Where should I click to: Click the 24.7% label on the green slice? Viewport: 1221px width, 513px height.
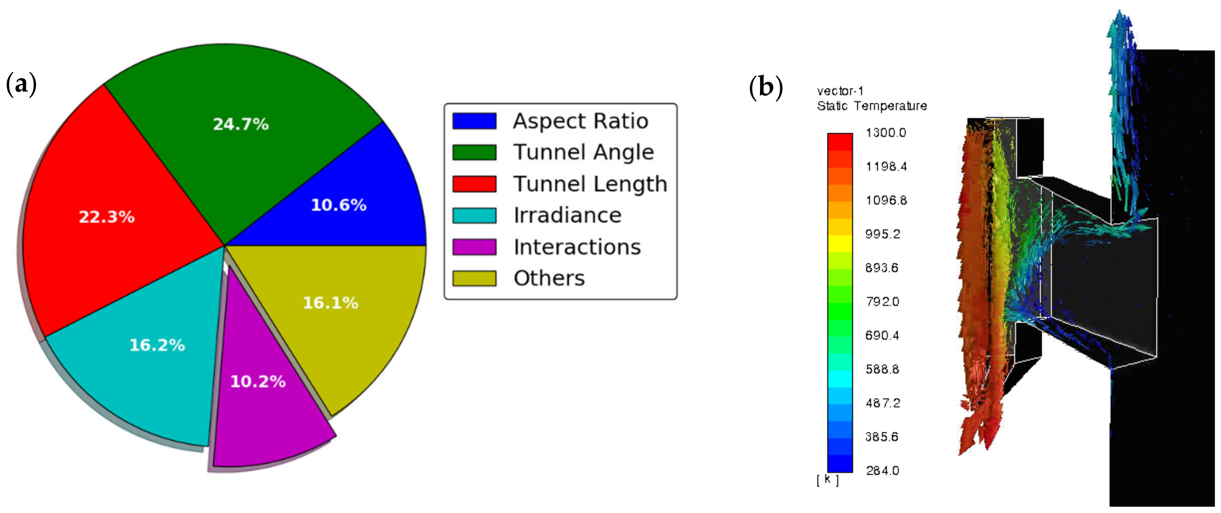[x=241, y=124]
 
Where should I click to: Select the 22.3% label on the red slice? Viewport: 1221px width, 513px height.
[x=107, y=217]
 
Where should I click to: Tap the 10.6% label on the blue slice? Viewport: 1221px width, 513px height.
[x=339, y=205]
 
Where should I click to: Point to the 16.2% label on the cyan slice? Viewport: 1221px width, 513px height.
[x=157, y=345]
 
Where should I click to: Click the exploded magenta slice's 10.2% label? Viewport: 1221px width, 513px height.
[x=258, y=382]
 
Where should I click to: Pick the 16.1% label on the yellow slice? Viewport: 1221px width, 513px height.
[x=330, y=303]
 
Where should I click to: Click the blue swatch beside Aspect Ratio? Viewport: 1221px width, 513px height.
[x=474, y=121]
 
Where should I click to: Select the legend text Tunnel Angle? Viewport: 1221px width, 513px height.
[x=583, y=152]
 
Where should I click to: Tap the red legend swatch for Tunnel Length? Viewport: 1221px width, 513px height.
[x=474, y=184]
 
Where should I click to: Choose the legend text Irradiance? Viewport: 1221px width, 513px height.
[x=567, y=215]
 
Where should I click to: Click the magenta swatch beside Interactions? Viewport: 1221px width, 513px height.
[x=474, y=247]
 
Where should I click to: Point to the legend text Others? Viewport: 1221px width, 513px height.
[x=549, y=278]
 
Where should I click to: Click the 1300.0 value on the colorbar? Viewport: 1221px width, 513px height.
[x=885, y=133]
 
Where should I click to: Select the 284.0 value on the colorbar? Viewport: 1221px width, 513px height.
[x=882, y=470]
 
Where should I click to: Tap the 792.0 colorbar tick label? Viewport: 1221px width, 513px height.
[x=882, y=302]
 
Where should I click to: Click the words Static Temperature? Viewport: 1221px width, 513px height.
[x=872, y=106]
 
